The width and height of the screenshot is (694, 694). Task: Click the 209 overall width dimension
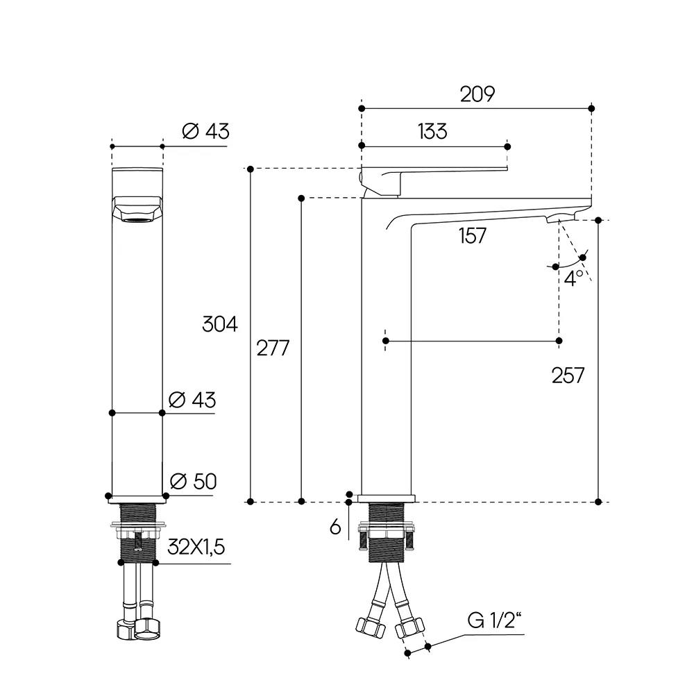click(477, 94)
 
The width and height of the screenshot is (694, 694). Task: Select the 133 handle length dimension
click(432, 131)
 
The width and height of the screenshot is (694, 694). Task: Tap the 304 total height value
click(219, 324)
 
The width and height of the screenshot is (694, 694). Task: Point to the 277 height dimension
click(273, 348)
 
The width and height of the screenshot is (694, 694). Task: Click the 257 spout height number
click(568, 375)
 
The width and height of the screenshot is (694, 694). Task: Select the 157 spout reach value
click(472, 235)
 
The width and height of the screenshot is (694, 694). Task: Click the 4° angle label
click(574, 278)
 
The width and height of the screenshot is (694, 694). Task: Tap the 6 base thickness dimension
click(335, 527)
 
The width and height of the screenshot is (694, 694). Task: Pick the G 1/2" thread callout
click(494, 620)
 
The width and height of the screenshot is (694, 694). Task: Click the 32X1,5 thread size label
click(196, 547)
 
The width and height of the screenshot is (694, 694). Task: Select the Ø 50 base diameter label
click(194, 481)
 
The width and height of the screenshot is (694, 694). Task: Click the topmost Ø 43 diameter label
click(206, 131)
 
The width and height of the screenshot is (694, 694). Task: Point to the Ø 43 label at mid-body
click(192, 400)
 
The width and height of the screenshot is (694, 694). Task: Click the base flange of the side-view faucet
click(387, 498)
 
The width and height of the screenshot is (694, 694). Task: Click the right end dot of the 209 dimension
click(591, 108)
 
